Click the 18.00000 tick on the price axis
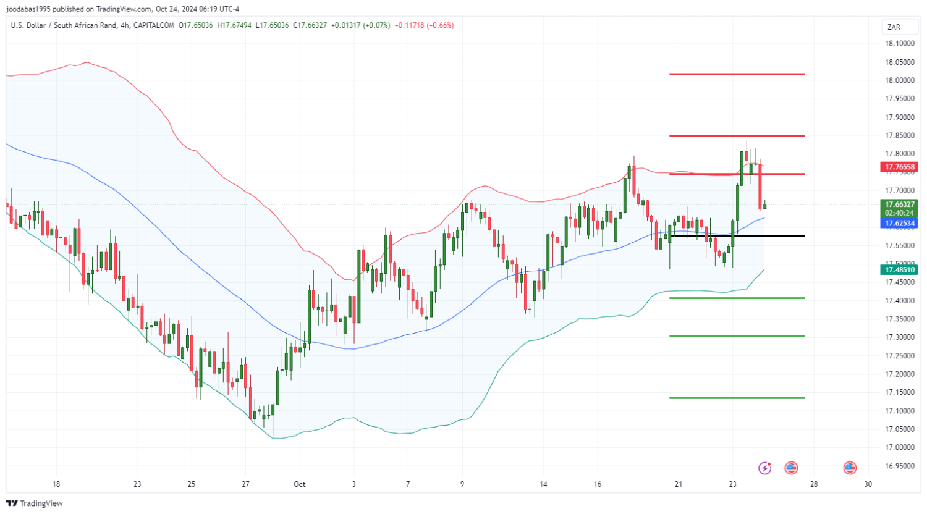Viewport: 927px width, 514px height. point(899,80)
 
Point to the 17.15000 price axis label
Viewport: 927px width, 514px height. point(899,392)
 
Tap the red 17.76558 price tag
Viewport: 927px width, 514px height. point(899,167)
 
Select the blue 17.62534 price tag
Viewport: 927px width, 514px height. point(899,223)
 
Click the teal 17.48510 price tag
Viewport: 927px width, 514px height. point(899,270)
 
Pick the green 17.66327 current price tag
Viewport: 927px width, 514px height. point(899,204)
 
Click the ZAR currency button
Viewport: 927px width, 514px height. point(894,27)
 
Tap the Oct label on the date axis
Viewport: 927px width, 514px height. point(300,484)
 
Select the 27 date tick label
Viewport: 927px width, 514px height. point(245,484)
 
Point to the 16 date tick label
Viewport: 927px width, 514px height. point(598,484)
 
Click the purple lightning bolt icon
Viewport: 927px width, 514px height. point(765,468)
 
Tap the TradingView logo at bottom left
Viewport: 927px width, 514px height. point(35,503)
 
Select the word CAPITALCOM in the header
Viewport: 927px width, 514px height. point(155,25)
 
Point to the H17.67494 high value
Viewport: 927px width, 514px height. point(234,25)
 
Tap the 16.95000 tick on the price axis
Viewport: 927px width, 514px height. point(899,466)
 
